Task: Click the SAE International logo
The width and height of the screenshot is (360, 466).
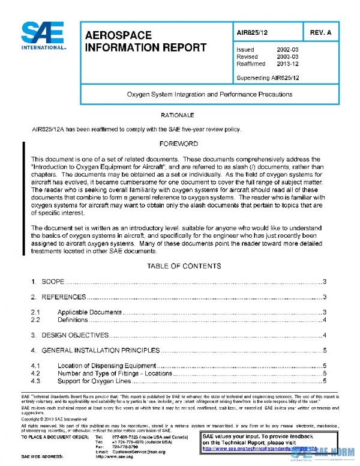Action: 44,36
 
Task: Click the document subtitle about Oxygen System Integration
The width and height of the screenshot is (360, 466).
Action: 209,95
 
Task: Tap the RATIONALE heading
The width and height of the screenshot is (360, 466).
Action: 178,114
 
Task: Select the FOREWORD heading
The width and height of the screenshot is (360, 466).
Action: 179,144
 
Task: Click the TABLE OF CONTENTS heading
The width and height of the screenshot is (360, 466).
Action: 184,265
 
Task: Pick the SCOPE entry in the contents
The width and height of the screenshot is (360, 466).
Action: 52,282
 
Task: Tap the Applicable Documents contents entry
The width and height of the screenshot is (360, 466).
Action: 89,312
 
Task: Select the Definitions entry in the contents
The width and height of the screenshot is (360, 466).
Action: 73,319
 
